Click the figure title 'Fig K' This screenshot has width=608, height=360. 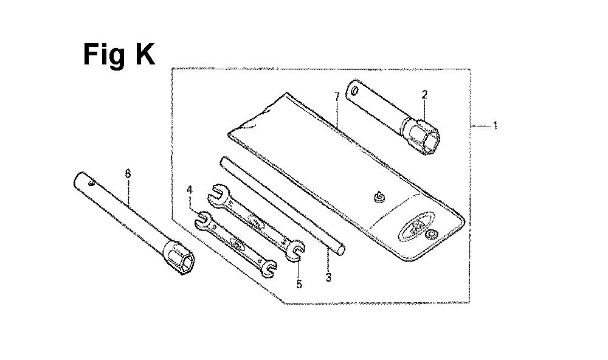(x=119, y=55)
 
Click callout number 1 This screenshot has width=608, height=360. (x=496, y=126)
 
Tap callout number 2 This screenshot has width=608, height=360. (x=424, y=94)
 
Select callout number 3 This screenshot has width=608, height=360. (x=328, y=278)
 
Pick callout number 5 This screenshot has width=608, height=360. (x=299, y=283)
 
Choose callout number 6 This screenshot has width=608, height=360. (x=127, y=173)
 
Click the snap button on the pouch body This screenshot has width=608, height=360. (x=379, y=196)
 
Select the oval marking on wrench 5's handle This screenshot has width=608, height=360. (x=255, y=223)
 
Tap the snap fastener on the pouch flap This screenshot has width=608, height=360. (x=433, y=235)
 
